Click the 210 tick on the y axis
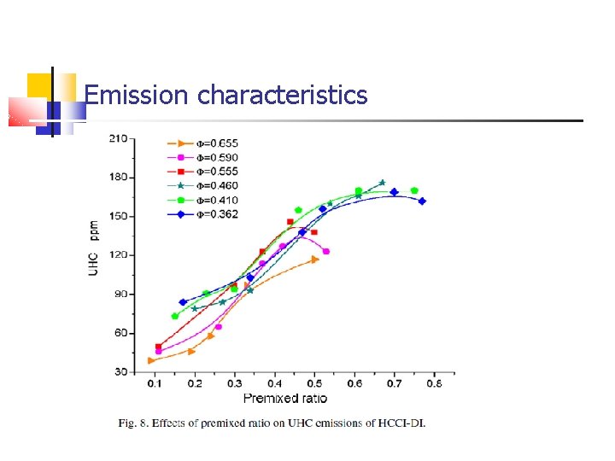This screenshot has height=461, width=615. pos(118,137)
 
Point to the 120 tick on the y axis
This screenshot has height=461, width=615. pos(118,254)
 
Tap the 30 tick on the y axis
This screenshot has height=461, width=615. pos(120,372)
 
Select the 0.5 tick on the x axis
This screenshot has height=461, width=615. pos(314,385)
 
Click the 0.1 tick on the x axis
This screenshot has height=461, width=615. pos(154,385)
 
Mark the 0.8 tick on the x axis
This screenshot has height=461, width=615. pos(434,385)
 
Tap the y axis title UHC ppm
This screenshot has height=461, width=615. pos(95,248)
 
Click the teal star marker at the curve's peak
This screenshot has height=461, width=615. pos(382,183)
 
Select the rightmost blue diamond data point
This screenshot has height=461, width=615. pos(422,201)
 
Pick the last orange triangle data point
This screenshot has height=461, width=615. pos(315,259)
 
